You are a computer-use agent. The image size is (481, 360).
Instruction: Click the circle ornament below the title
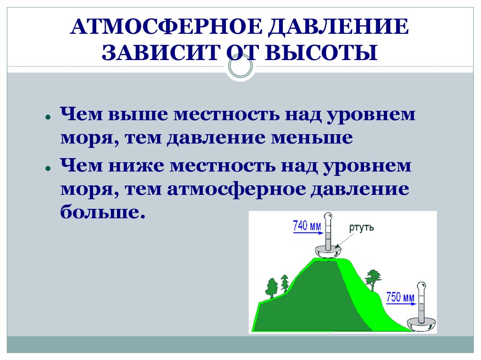point(240,67)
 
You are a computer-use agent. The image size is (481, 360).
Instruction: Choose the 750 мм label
point(400,297)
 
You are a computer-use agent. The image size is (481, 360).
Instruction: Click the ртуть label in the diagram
point(361,228)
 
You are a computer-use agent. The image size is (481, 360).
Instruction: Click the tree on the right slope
point(373,279)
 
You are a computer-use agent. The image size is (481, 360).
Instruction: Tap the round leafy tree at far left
point(271,287)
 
